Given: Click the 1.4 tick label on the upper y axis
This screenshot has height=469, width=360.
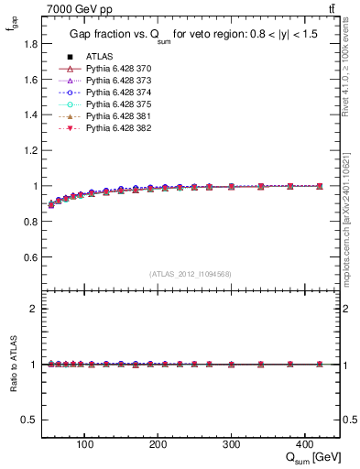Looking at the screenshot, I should [x=29, y=115].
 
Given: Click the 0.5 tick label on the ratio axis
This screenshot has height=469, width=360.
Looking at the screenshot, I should [x=29, y=420].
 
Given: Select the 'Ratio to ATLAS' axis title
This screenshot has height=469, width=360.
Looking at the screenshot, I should [x=12, y=365].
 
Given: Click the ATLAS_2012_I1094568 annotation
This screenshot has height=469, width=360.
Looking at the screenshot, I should [x=190, y=274].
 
